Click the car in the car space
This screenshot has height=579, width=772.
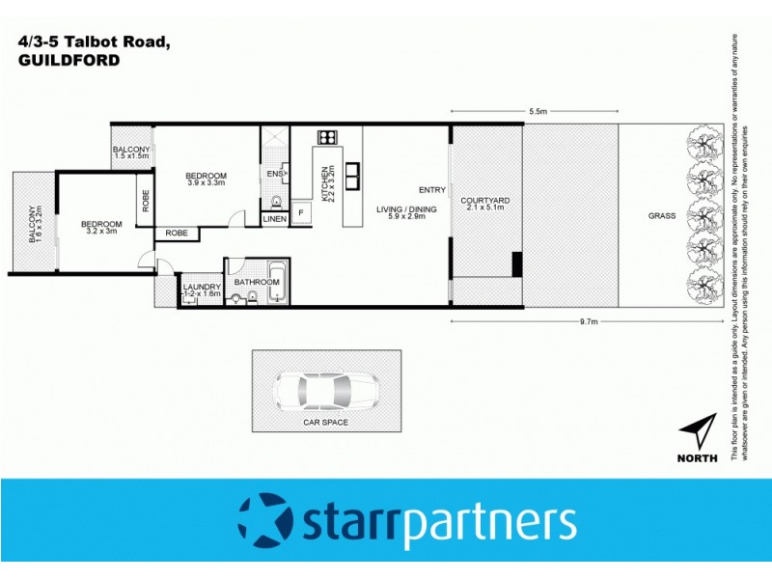326,391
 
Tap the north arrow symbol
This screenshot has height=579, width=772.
698,432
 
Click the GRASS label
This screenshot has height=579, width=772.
662,215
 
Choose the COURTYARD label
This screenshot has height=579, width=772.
485,201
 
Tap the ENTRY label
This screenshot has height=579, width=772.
431,190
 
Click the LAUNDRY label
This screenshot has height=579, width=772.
203,287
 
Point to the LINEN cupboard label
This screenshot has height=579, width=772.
274,219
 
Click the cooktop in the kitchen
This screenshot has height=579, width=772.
326,136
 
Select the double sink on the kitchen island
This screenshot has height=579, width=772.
352,175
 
